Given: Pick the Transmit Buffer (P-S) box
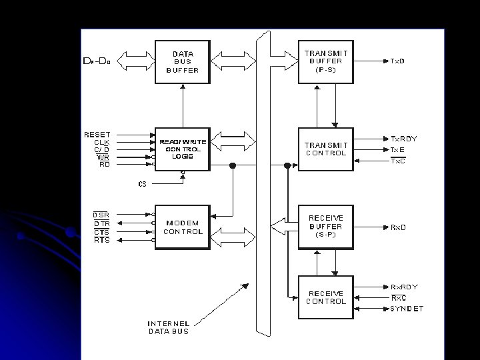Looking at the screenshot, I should [325, 61].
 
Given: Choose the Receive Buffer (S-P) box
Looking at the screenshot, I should [325, 227].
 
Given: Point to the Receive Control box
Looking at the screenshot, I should [325, 297].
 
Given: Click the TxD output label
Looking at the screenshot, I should [398, 61].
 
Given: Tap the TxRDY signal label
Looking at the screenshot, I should [404, 139].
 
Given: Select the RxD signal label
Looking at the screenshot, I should [398, 227].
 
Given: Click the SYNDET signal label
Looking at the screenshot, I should [407, 309].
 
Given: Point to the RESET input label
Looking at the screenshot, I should [97, 135].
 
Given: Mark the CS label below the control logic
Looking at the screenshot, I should [142, 183].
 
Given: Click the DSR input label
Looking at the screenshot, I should [101, 214].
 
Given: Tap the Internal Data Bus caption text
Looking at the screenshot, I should [168, 327].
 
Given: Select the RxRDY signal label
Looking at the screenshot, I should [405, 287].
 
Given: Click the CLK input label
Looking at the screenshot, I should [101, 142].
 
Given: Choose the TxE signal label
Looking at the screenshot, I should [397, 149].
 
